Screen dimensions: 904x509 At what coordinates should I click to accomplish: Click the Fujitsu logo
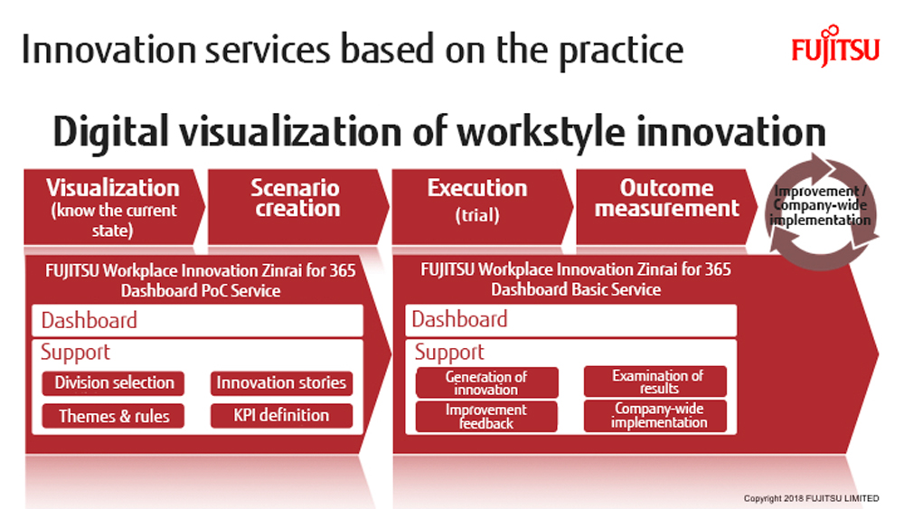click(x=835, y=46)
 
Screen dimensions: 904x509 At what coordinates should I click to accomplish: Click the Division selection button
click(x=113, y=383)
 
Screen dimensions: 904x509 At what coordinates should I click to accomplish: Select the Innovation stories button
click(x=281, y=383)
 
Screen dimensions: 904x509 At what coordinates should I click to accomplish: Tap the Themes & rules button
click(x=113, y=416)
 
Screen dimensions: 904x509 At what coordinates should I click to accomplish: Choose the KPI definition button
click(x=281, y=416)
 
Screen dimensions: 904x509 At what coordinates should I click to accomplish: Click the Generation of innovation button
click(x=486, y=382)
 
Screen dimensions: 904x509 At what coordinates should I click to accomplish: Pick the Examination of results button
click(x=655, y=382)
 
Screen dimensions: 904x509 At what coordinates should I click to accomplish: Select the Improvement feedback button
click(x=486, y=417)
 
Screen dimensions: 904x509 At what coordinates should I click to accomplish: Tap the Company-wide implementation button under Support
click(x=655, y=416)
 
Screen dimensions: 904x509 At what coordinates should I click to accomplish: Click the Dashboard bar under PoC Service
click(x=197, y=321)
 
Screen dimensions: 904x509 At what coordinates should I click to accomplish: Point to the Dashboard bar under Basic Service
click(x=570, y=320)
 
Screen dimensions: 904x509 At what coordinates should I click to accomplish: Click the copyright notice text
click(x=811, y=498)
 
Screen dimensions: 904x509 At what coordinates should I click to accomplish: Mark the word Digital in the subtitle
click(x=110, y=133)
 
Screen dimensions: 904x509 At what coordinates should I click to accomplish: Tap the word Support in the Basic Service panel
click(x=449, y=353)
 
